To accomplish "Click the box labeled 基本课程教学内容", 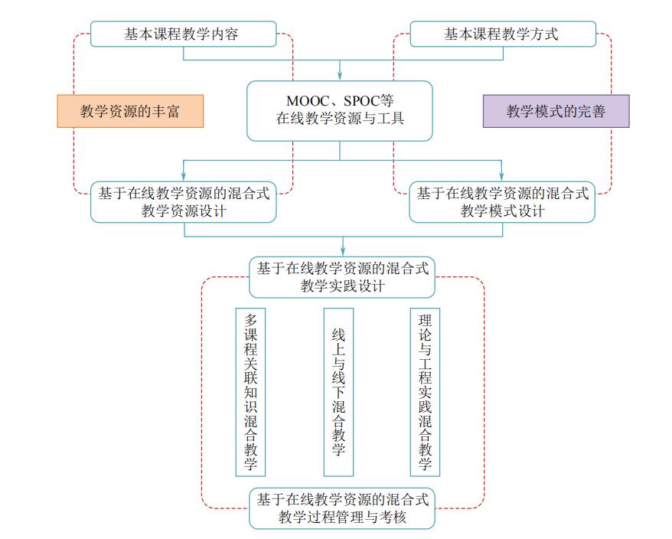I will click(183, 34).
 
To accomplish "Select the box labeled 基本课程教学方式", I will click(502, 34).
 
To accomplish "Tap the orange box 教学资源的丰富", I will click(131, 112).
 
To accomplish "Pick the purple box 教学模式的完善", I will click(556, 112).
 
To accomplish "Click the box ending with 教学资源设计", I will click(183, 202).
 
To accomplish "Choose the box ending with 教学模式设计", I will click(502, 202).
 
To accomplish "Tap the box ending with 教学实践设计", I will click(342, 277).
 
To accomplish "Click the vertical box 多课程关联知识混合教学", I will click(250, 391).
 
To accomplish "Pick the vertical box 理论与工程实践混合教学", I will click(426, 391).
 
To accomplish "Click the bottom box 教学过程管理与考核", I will click(342, 509).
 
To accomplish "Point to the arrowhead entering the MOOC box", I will click(340, 77).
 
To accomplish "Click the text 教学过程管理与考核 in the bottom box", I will click(342, 518).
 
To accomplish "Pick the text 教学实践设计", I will click(342, 286).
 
